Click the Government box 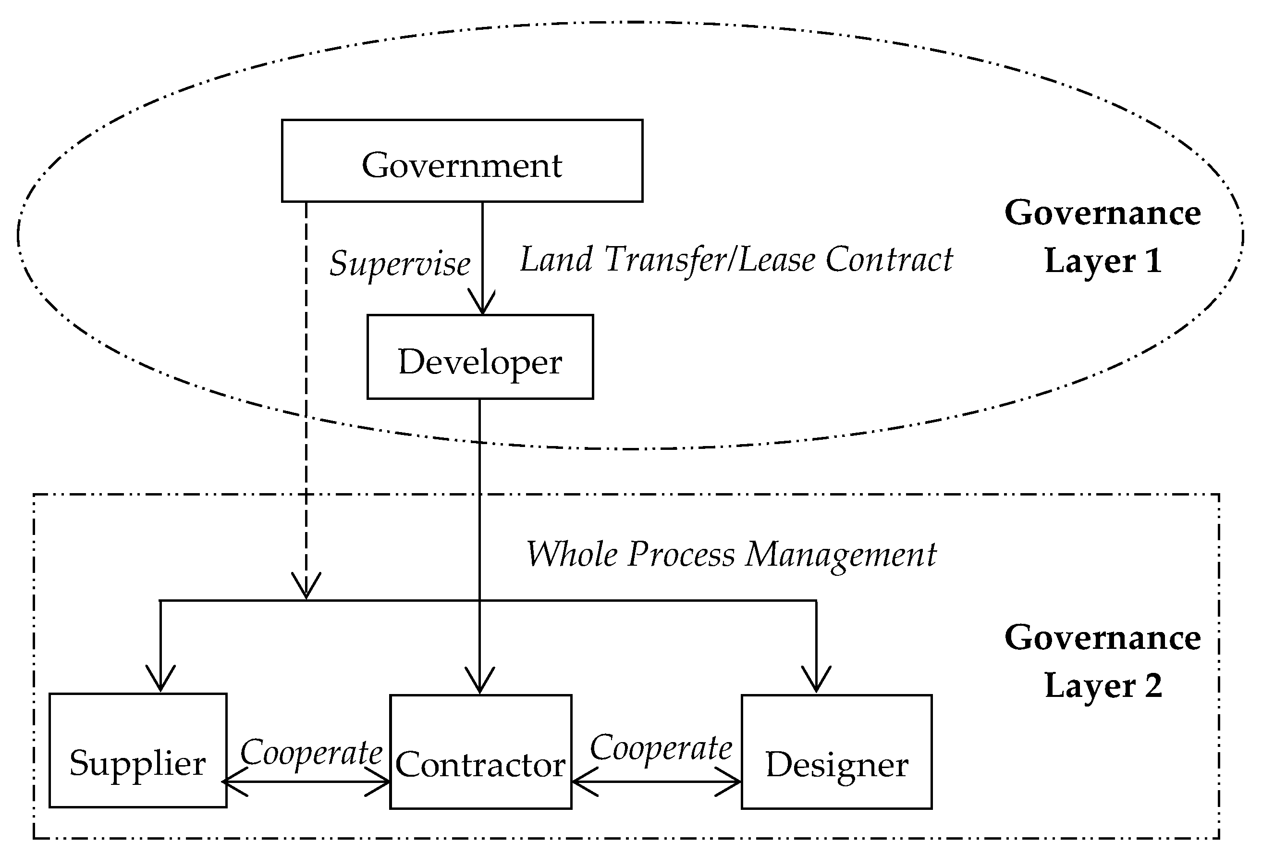462,161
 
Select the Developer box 479,357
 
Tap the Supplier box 138,750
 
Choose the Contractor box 480,752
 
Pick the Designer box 836,752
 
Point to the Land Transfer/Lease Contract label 736,260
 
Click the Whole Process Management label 731,555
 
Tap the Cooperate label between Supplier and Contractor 311,753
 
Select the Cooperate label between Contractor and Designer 661,748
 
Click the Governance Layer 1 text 1103,236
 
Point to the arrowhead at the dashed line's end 306,586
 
